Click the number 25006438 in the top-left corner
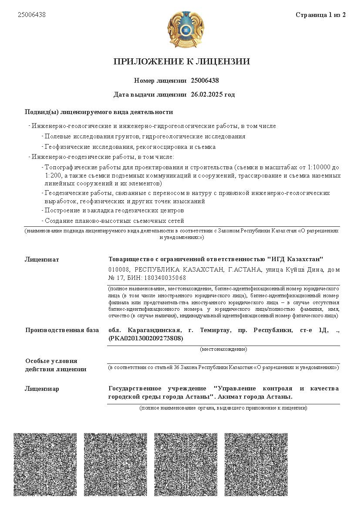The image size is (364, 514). point(32,15)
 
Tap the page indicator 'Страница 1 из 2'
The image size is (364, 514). point(320,15)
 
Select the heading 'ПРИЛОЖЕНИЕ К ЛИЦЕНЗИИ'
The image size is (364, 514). point(182,61)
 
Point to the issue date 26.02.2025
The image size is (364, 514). point(206,94)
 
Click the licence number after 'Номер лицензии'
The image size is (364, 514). point(205,81)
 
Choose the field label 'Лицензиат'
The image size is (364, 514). point(42,260)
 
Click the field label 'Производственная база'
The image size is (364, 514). point(62,330)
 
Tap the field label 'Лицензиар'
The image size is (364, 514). point(42,389)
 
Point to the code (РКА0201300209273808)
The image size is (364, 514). point(146,338)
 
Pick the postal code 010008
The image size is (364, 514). point(118,270)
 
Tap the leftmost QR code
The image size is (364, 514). point(45,464)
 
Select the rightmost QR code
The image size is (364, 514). point(256,464)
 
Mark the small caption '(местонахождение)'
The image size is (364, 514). point(223,349)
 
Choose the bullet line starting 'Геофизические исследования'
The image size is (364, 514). point(130,147)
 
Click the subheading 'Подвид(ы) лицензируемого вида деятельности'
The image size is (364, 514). point(99,112)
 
